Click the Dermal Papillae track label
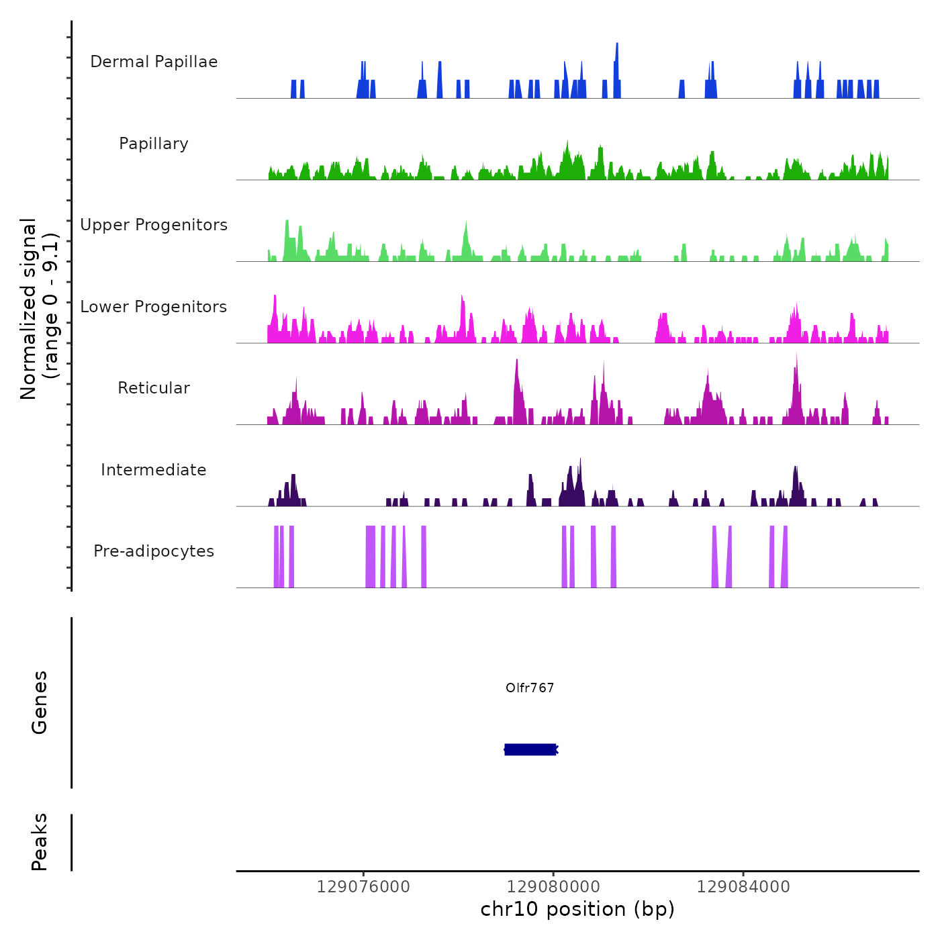pos(154,62)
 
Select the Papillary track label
pos(154,144)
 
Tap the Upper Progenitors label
pos(154,225)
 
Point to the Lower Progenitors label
pos(154,307)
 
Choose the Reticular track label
pos(154,388)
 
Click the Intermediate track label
pos(154,470)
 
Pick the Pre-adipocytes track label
pos(154,551)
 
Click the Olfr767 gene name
pos(530,688)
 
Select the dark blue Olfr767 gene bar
pos(530,749)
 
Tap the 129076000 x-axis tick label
pos(363,887)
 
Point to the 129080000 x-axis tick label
pos(553,887)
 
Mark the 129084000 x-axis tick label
pos(743,887)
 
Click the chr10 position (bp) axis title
pos(577,910)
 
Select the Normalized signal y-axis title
pos(39,309)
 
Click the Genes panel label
pos(40,702)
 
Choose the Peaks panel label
pos(40,842)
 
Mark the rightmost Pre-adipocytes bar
pos(784,557)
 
